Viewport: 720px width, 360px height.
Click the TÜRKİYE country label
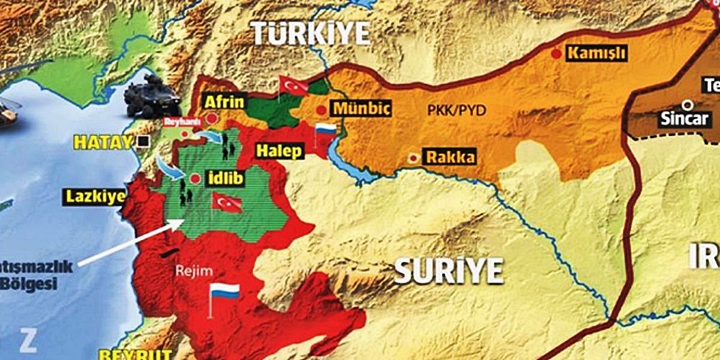click(x=310, y=33)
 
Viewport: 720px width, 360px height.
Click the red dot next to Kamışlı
click(x=556, y=53)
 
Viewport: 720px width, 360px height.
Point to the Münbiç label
click(x=360, y=109)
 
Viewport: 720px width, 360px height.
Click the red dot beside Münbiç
click(x=320, y=109)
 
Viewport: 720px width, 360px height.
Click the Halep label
click(x=279, y=151)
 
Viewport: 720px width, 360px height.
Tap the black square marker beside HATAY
click(x=144, y=141)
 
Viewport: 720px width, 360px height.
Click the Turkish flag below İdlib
click(x=226, y=202)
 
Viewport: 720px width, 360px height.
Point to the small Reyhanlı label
click(x=179, y=122)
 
